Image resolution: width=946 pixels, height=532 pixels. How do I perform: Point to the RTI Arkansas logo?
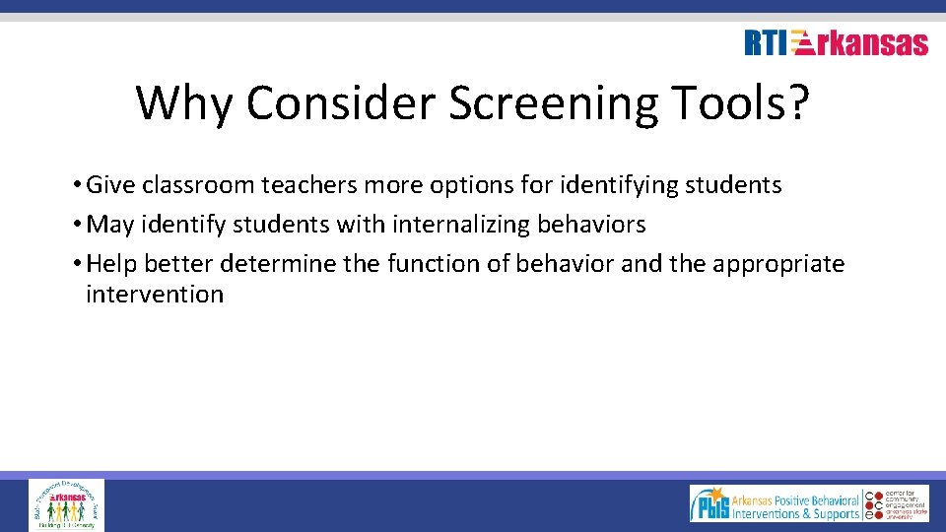coord(836,42)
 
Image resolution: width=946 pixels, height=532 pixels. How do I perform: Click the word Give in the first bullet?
coord(108,185)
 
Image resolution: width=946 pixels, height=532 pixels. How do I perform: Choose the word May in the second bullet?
coord(110,225)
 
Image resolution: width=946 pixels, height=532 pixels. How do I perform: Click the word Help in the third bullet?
coord(110,264)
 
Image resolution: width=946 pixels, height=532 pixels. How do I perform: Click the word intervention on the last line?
coord(155,294)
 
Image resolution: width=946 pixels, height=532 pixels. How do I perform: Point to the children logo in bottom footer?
coord(66,504)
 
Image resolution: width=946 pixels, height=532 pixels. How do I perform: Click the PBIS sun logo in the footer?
coord(709,504)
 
